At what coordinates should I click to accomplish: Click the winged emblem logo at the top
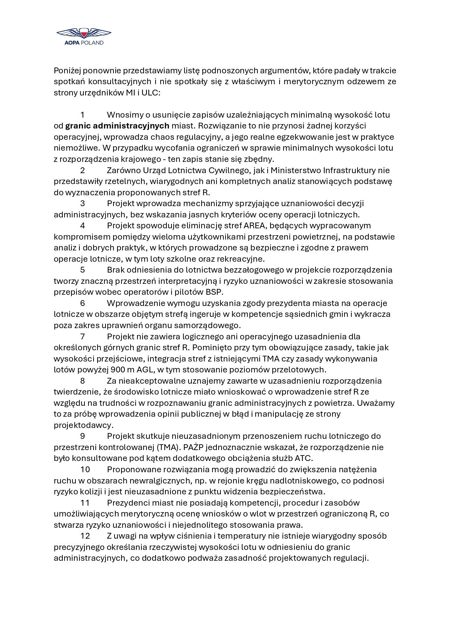(84, 33)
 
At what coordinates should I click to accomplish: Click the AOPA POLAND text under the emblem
(84, 43)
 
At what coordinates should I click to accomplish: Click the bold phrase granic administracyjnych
(117, 126)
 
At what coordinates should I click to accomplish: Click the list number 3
(83, 203)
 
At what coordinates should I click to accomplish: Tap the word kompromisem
(77, 237)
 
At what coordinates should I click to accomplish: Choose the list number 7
(83, 336)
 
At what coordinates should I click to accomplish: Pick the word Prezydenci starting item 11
(128, 503)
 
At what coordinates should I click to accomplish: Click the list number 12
(85, 536)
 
